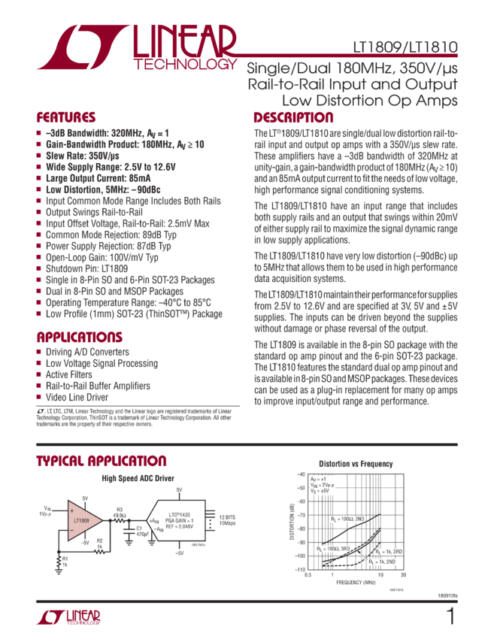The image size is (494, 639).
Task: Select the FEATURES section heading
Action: [66, 118]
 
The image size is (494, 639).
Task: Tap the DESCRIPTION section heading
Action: [293, 118]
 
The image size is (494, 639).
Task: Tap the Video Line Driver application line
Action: [76, 396]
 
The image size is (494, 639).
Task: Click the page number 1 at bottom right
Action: [450, 616]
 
